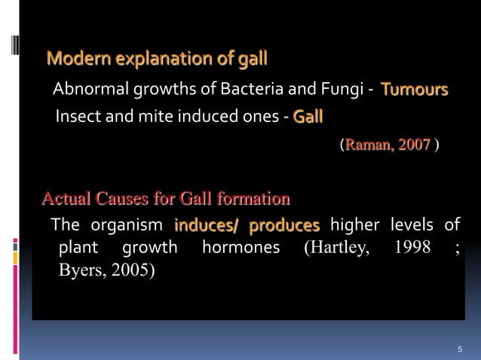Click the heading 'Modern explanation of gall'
coord(157,58)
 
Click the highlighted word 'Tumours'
coord(415,91)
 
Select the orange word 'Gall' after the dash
coord(308,117)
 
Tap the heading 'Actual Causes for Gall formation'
coord(165,200)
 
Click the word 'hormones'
coord(241,248)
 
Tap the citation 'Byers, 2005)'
coord(109,272)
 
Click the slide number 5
coord(460,349)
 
